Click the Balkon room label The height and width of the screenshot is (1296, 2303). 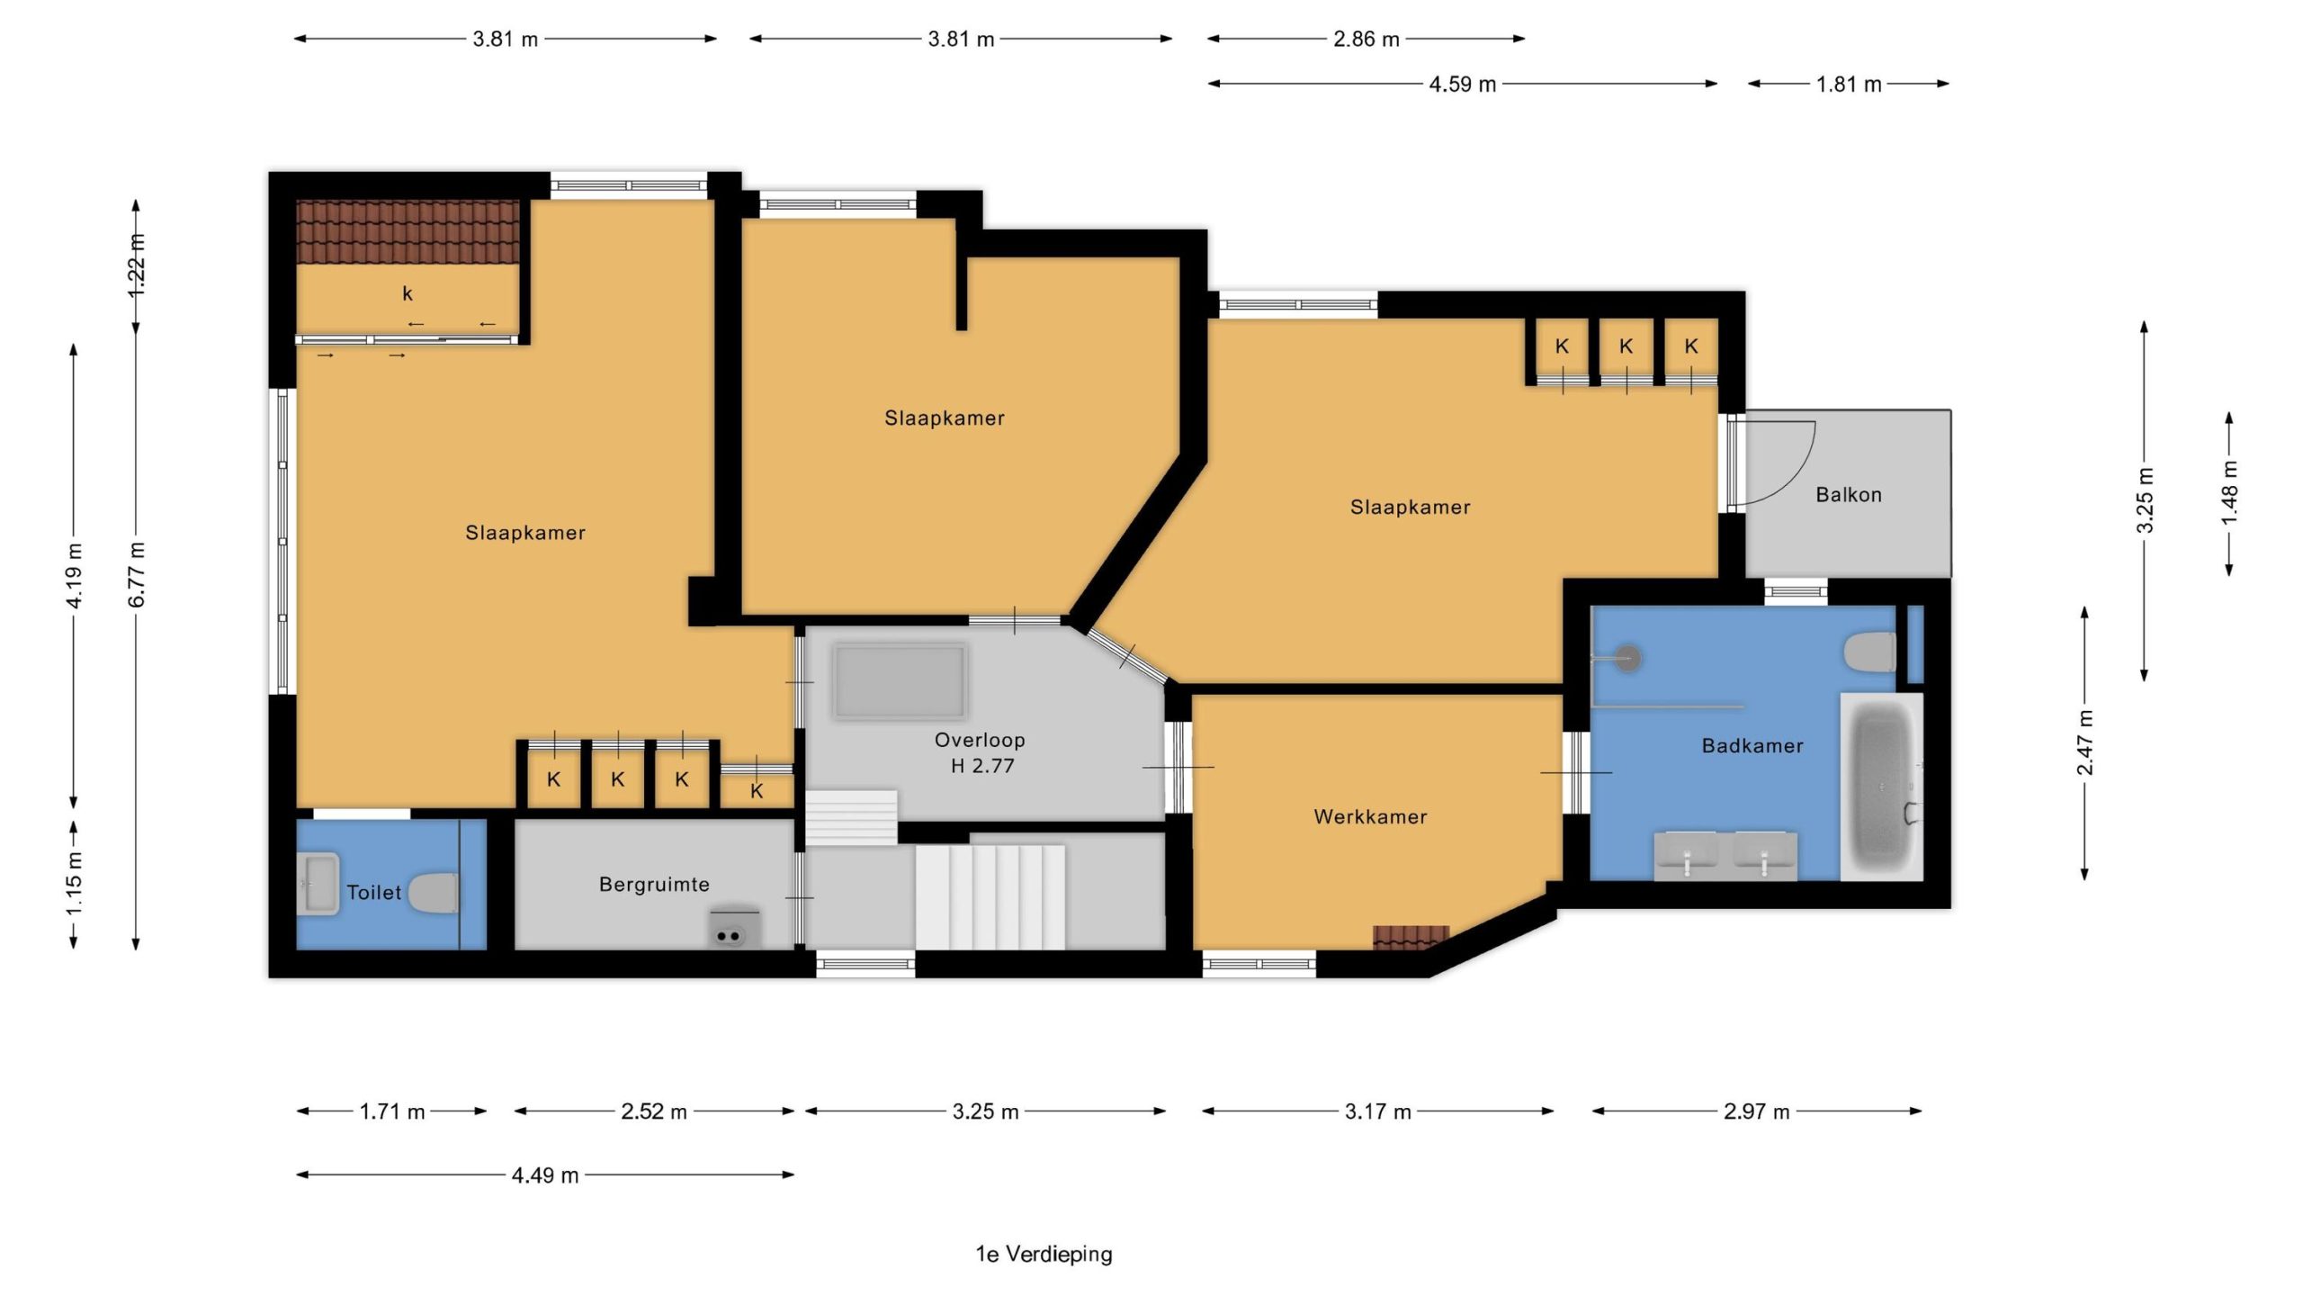[1848, 494]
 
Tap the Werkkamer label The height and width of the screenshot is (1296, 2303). [1370, 817]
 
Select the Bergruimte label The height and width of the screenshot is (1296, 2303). [654, 885]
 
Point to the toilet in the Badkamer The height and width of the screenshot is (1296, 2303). [1869, 652]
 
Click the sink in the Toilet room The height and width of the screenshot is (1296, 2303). [318, 884]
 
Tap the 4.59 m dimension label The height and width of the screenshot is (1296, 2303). [1462, 85]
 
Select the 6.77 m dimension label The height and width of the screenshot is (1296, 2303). [137, 575]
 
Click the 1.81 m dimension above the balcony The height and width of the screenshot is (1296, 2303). [1849, 85]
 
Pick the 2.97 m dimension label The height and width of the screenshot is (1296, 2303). [1756, 1111]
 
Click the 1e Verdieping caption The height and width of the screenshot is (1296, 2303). [1044, 1254]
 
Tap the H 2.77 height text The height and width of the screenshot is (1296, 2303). [982, 766]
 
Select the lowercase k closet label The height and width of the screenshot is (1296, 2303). [408, 293]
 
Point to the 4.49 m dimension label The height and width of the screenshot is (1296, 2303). [545, 1175]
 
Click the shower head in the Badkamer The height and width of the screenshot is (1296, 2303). [1626, 657]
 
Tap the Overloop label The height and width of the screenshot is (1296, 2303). [980, 740]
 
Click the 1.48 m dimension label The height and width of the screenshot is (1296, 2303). [2229, 494]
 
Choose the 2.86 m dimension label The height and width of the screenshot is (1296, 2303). [1367, 40]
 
